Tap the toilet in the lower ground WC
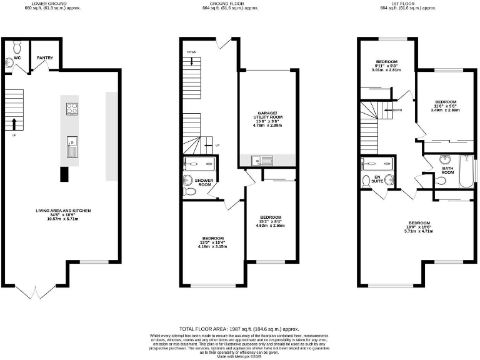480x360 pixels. (17, 46)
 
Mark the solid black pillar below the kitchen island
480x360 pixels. (64, 174)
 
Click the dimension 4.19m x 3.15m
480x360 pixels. (212, 247)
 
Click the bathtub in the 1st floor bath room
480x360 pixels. (465, 172)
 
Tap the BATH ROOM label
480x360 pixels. (447, 170)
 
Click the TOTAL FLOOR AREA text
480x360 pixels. (239, 328)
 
